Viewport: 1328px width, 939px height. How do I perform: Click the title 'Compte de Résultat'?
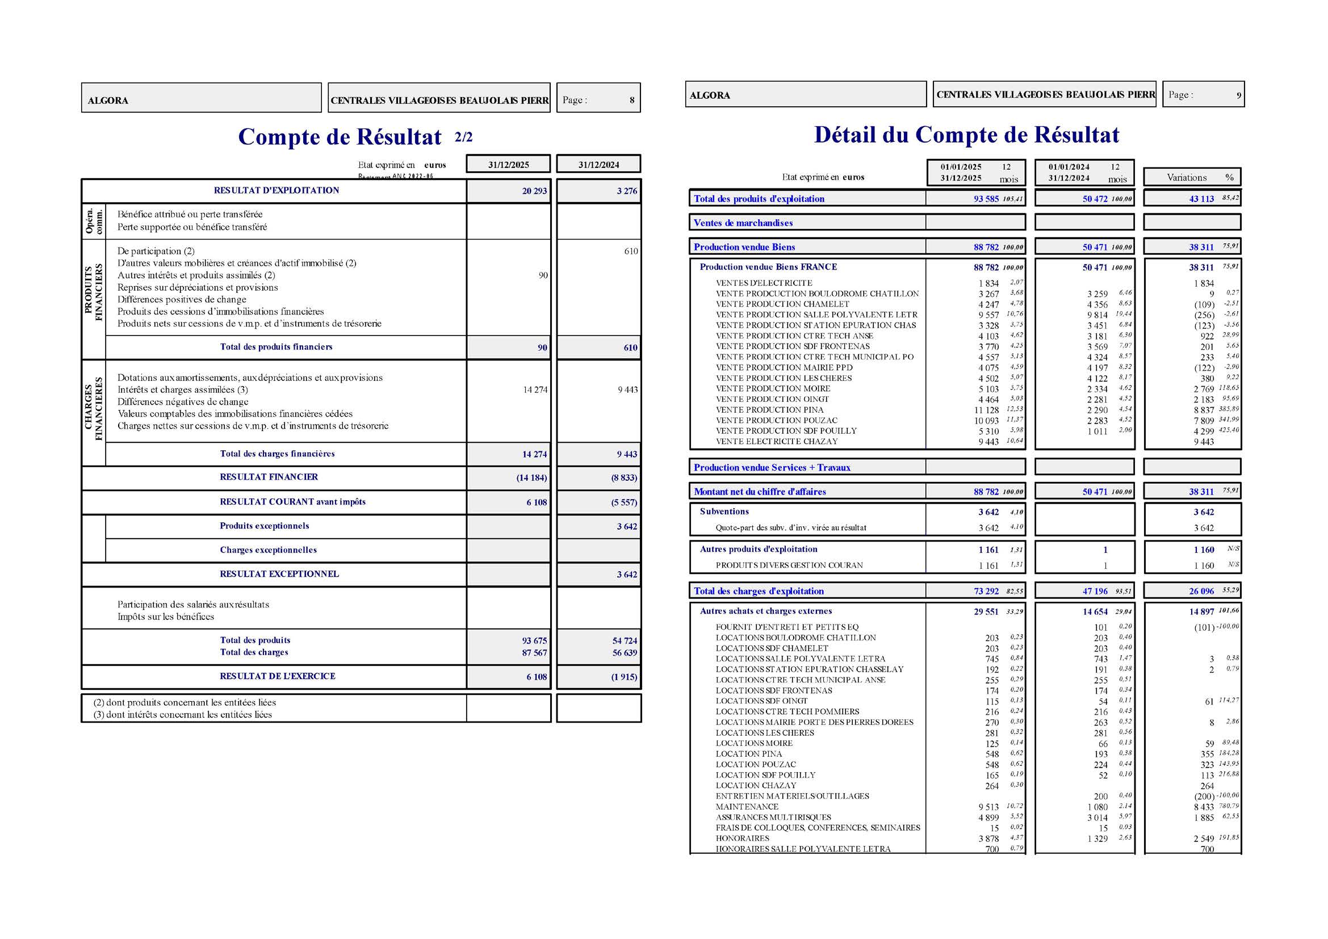tap(340, 137)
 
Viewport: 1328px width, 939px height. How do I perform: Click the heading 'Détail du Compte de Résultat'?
tap(966, 135)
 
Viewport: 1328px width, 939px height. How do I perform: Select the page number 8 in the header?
tap(631, 100)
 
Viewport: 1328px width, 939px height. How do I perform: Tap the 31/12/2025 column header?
tap(508, 165)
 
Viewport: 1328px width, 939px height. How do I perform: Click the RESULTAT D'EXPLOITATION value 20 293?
tap(534, 191)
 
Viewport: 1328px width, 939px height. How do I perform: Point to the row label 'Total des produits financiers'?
tap(276, 347)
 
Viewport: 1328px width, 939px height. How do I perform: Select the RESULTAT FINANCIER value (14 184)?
tap(531, 478)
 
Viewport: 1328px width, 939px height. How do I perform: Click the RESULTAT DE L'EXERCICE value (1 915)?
tap(623, 677)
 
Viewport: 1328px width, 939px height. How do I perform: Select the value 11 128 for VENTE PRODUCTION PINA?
tap(986, 410)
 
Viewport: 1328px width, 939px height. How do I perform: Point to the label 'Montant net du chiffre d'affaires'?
tap(760, 492)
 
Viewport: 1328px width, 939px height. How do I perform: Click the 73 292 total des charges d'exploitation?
tap(986, 592)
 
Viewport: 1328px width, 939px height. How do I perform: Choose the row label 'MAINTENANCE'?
tap(747, 807)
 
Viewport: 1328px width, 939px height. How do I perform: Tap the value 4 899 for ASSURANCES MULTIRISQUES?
tap(988, 818)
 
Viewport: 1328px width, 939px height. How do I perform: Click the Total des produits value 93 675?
tap(534, 640)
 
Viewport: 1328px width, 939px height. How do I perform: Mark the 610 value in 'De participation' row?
tap(630, 251)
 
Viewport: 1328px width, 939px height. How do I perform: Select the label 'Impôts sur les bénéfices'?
tap(165, 617)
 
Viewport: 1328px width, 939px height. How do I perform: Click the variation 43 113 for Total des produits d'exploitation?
tap(1201, 199)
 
